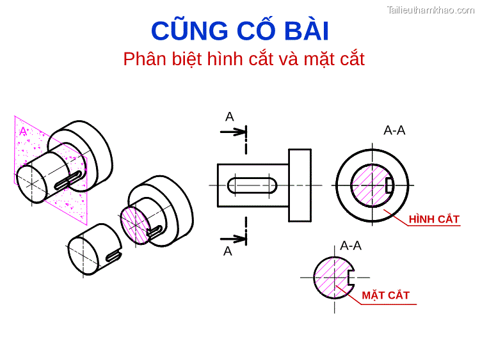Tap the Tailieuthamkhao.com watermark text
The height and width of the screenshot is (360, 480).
(431, 9)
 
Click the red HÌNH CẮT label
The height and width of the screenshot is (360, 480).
(434, 219)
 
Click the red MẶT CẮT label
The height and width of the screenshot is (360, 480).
(385, 295)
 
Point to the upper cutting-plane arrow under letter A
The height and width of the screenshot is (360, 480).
(233, 132)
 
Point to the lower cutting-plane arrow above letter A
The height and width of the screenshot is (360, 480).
(233, 239)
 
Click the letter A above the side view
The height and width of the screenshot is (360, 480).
(229, 117)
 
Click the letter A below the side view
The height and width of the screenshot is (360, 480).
(227, 252)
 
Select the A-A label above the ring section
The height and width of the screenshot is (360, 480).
(394, 130)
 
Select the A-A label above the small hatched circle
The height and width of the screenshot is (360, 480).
(351, 246)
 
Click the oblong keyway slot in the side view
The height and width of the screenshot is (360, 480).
(252, 185)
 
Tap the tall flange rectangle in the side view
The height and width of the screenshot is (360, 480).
(300, 185)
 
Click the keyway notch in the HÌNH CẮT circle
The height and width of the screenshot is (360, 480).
(389, 185)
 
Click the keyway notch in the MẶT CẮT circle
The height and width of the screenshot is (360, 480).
(349, 278)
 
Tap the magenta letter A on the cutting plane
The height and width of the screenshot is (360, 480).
(23, 131)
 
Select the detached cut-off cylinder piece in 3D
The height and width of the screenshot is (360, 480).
(93, 250)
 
